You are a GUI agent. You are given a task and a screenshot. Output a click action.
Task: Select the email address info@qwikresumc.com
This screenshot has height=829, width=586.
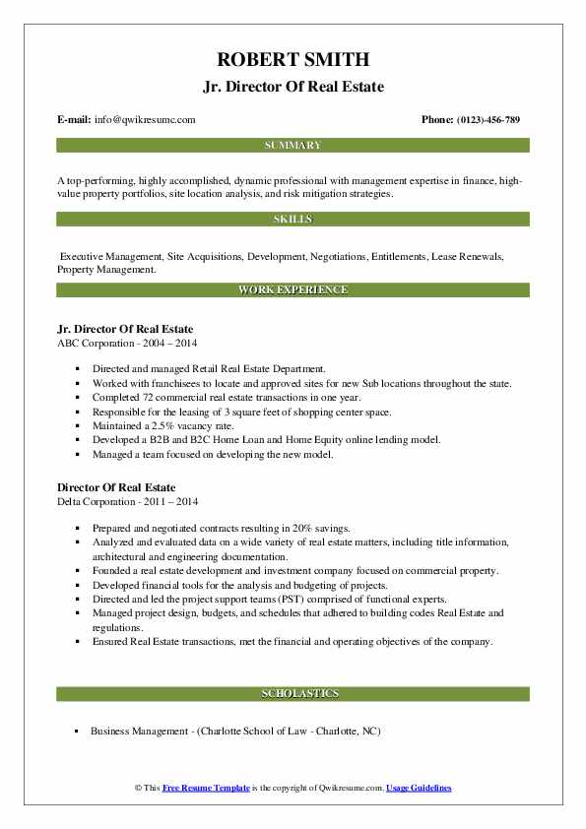(146, 120)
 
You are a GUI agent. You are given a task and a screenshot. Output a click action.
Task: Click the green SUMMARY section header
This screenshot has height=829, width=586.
(293, 146)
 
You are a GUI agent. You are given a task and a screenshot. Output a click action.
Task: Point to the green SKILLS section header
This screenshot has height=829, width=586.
(293, 219)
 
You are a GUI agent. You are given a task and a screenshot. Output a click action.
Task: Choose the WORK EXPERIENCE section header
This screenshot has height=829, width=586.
(293, 290)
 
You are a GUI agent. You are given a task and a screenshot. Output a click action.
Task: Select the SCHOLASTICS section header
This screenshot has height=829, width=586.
(293, 694)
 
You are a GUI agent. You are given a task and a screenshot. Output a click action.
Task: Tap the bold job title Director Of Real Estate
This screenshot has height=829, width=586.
(116, 487)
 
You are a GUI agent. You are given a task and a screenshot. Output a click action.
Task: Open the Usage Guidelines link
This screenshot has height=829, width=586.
(419, 789)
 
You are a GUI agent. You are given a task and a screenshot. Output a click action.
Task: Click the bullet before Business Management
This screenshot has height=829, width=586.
(77, 732)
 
